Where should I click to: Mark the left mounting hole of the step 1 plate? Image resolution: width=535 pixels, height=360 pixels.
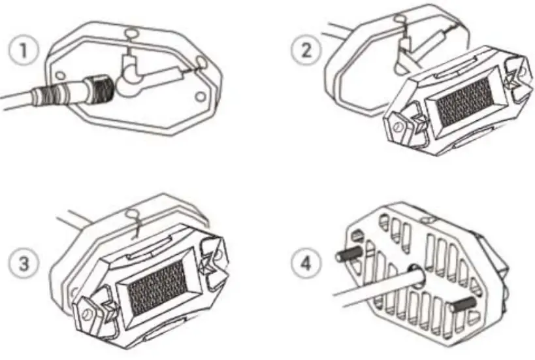pos(59,74)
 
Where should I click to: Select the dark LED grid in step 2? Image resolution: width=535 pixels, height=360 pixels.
pos(465,98)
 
